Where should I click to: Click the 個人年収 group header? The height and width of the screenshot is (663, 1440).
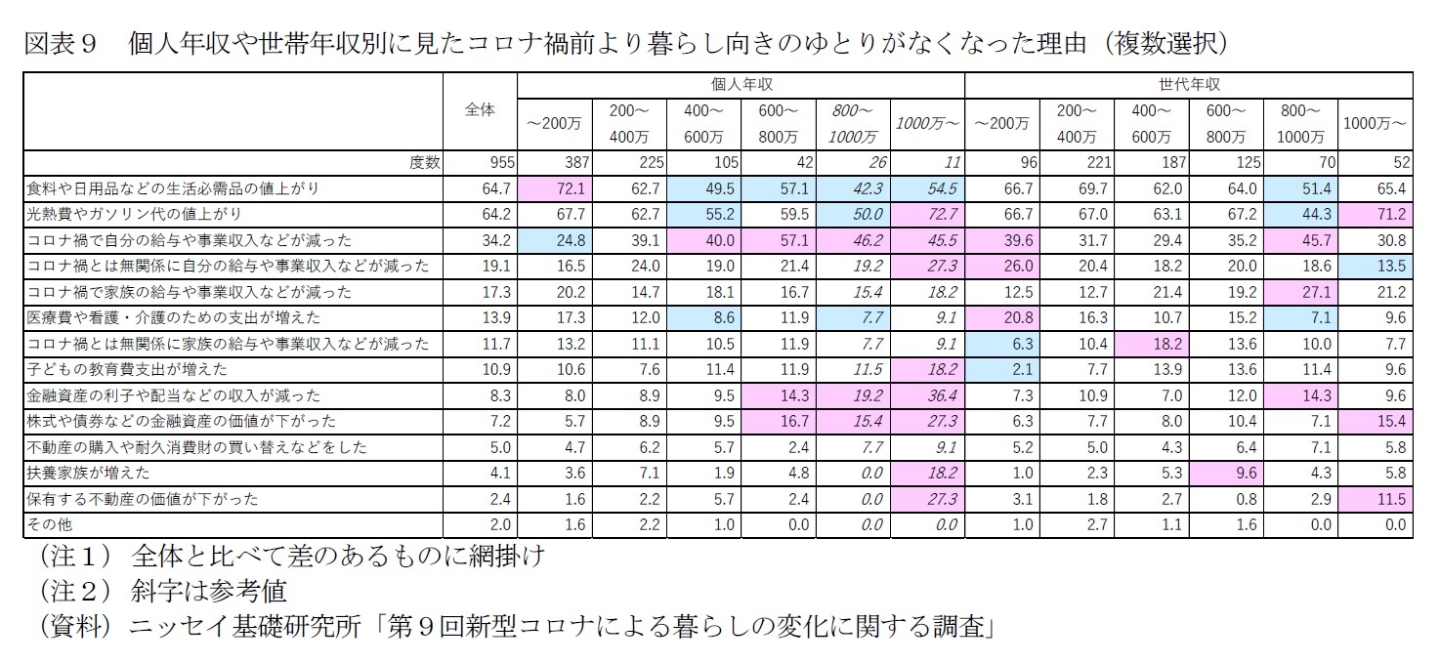coord(741,85)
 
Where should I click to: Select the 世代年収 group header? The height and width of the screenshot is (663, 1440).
coord(1189,85)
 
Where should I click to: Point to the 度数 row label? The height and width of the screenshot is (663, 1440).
coord(425,162)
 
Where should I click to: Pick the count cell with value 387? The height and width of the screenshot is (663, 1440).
coord(569,162)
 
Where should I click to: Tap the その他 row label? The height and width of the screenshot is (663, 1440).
coord(48,524)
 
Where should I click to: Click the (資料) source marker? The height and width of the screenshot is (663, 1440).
coord(73,627)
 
